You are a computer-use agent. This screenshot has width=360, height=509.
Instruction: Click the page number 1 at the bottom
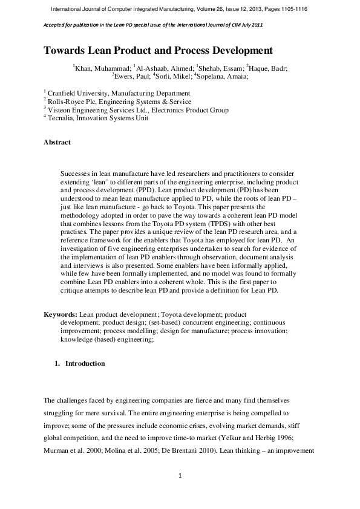click(180, 476)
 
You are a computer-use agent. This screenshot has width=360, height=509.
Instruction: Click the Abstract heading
click(57, 143)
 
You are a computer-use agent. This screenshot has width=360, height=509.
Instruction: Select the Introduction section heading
click(85, 364)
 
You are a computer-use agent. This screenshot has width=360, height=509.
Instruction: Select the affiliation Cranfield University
click(78, 94)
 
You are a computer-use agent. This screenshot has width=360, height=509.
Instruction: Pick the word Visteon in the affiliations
click(61, 110)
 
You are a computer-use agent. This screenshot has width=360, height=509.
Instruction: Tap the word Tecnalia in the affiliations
click(62, 118)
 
